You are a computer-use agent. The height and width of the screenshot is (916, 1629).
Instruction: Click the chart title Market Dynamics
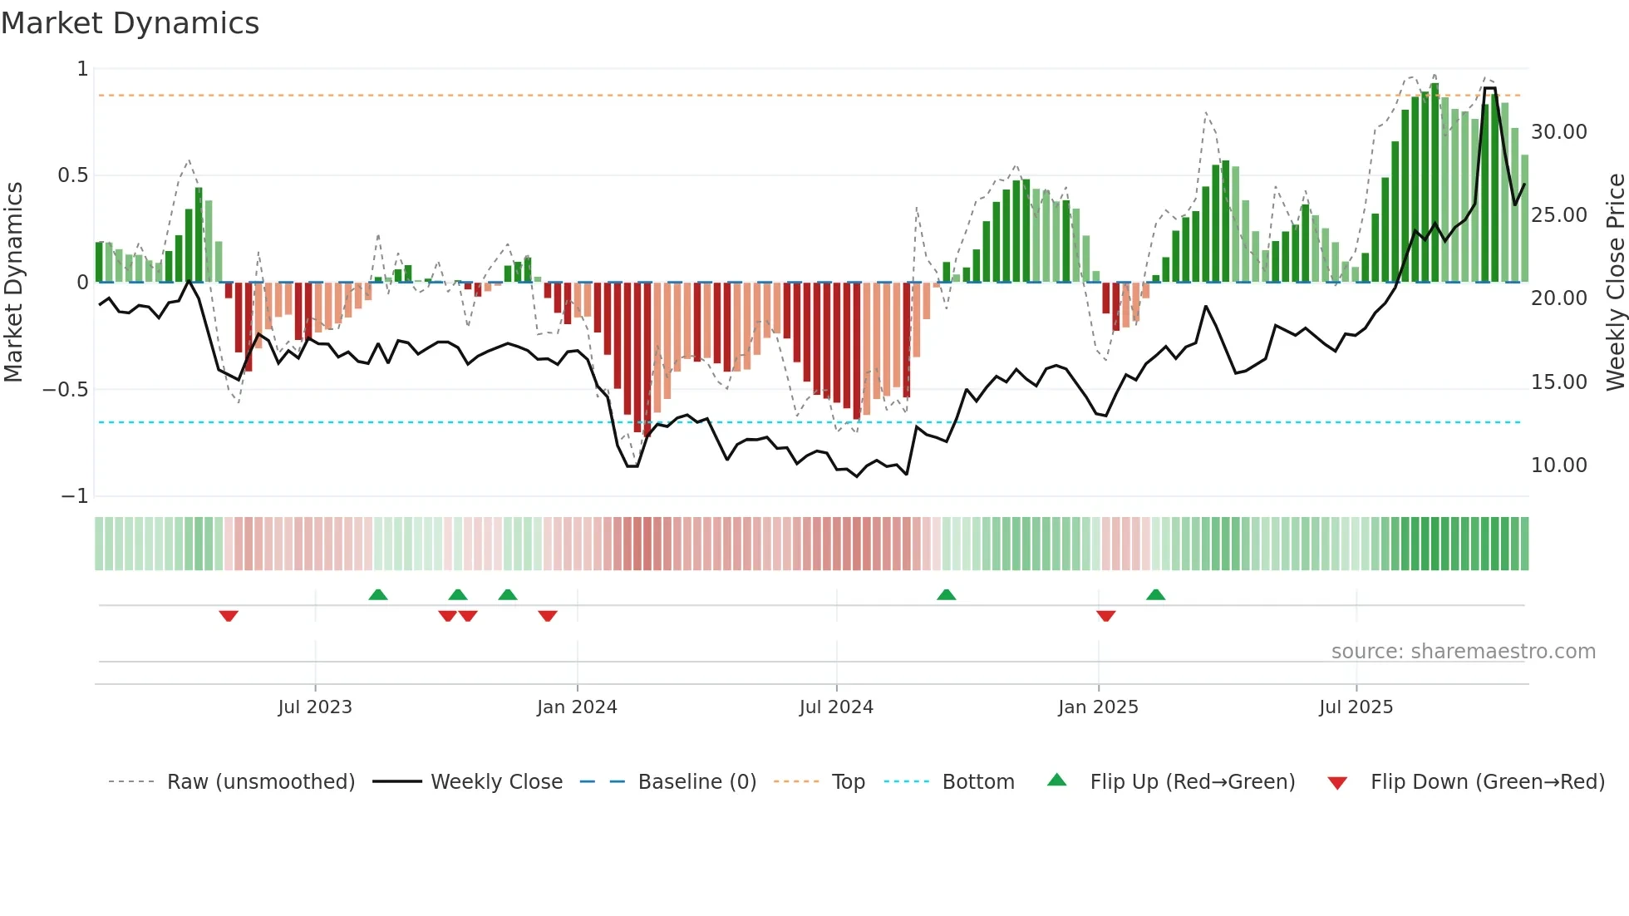point(130,23)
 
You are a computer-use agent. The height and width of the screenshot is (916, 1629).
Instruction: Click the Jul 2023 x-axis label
point(315,707)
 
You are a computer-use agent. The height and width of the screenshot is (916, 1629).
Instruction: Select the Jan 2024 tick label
point(577,707)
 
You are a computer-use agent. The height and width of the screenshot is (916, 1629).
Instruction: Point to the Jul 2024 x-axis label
point(836,707)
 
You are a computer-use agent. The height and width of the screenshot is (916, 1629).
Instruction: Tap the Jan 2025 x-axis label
point(1098,707)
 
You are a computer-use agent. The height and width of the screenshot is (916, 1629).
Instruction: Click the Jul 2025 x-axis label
point(1356,707)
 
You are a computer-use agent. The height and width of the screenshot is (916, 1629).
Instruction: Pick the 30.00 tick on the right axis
point(1558,132)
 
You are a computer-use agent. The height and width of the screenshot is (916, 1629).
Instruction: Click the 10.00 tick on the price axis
point(1558,465)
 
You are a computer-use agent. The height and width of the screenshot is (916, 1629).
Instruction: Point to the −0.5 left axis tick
point(66,390)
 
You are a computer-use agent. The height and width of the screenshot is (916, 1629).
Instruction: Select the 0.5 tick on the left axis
point(72,175)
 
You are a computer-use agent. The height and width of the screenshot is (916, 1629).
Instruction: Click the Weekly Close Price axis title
point(1615,283)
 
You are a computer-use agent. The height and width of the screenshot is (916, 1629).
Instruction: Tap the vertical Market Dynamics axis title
point(13,283)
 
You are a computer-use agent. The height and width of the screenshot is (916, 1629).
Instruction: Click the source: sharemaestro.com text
point(1463,652)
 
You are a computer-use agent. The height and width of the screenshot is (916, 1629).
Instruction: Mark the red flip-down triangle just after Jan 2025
point(1105,616)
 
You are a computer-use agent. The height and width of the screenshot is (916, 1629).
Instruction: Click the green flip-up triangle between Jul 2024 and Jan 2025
point(946,594)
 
